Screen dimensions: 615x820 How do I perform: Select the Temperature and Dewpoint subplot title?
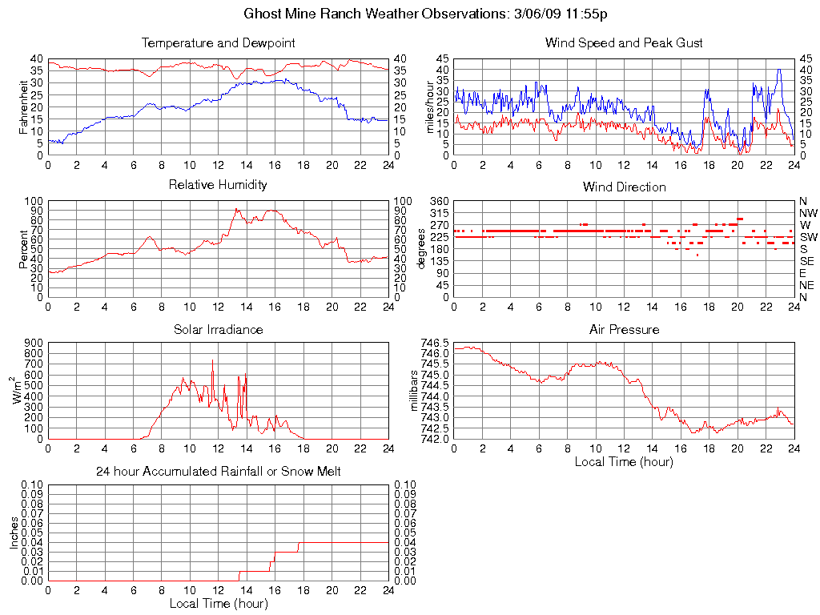point(218,42)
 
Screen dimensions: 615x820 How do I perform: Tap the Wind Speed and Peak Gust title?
point(624,42)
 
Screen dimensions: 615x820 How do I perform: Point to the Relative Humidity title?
point(218,185)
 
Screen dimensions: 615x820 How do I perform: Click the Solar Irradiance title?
point(218,329)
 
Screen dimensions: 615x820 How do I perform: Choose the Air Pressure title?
point(624,329)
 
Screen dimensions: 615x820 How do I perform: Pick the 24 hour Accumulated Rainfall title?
point(218,472)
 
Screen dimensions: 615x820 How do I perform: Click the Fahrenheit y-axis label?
point(24,107)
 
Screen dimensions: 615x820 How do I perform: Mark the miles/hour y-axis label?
point(430,107)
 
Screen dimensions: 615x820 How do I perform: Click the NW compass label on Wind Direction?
point(808,213)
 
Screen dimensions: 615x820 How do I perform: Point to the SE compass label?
point(807,261)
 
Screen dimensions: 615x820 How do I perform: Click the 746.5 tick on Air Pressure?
point(436,343)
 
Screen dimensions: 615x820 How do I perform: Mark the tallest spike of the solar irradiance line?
point(212,362)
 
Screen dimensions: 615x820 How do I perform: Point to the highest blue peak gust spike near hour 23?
point(778,70)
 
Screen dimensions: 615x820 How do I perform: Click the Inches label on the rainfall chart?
point(14,533)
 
